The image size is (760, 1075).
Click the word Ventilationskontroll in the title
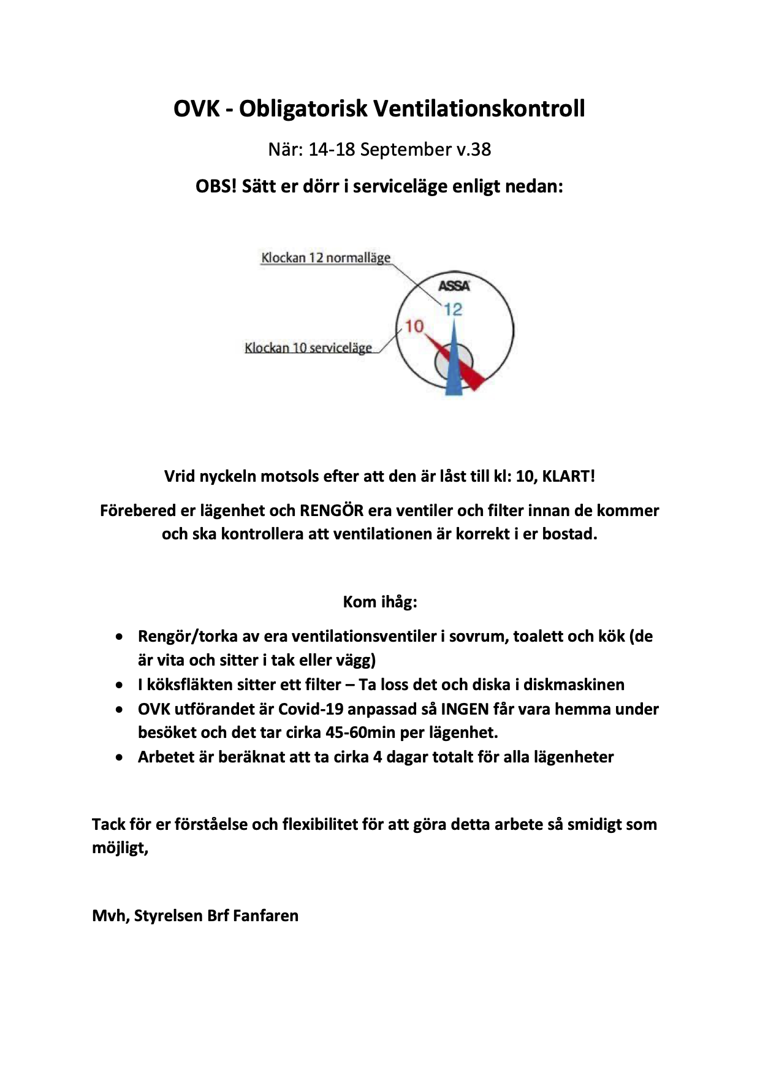click(479, 109)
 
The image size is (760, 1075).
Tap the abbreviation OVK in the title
click(196, 109)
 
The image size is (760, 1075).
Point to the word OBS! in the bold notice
click(216, 186)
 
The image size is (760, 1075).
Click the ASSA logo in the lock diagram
click(454, 286)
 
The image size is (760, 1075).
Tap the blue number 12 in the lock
click(453, 310)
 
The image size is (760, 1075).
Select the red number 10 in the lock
click(414, 326)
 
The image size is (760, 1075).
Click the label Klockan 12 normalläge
click(325, 258)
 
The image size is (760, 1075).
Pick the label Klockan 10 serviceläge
click(308, 348)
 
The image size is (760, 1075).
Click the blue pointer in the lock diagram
click(454, 368)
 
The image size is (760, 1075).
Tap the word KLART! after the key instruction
click(568, 476)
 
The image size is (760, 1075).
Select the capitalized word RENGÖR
click(331, 511)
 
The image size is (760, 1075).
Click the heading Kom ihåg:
click(380, 602)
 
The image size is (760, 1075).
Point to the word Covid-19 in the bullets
click(311, 709)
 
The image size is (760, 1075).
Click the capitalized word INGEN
click(465, 709)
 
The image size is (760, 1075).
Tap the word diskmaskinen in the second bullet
click(574, 685)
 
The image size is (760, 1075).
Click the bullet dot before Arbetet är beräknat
click(120, 758)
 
